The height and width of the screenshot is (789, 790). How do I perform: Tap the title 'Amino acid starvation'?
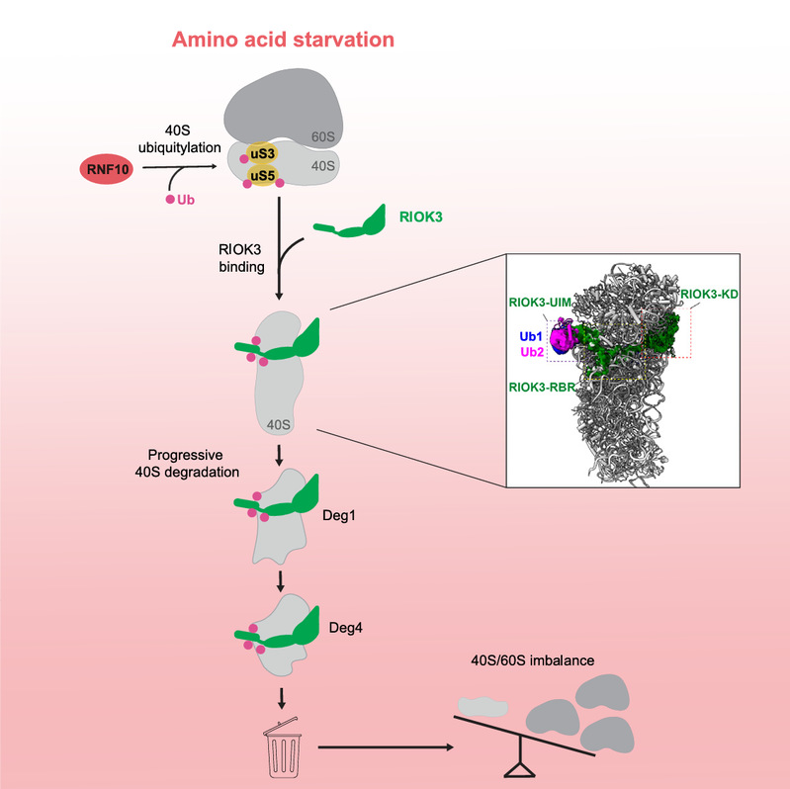click(x=283, y=41)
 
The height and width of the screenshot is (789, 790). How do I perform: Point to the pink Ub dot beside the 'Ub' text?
click(x=169, y=202)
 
